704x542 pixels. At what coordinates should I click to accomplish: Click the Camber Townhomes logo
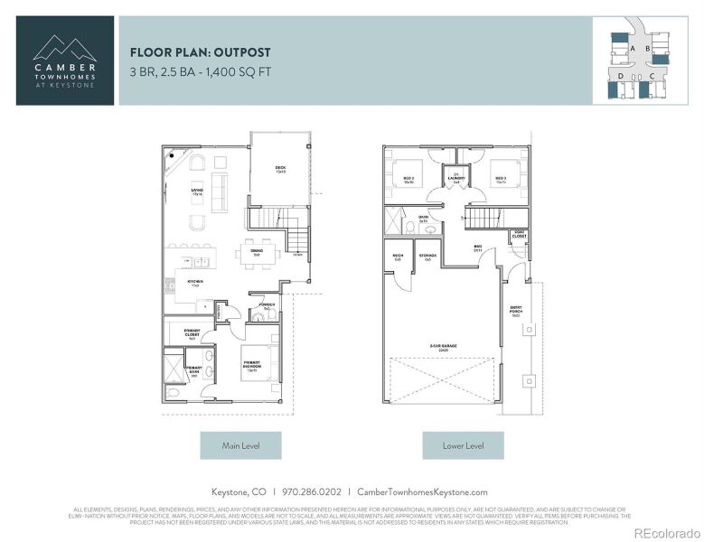(x=65, y=60)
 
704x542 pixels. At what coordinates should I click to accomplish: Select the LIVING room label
(x=196, y=191)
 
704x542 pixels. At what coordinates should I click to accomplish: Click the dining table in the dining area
(x=256, y=254)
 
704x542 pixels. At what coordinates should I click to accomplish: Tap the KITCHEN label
(x=195, y=282)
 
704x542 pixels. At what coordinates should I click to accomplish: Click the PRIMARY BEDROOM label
(x=252, y=365)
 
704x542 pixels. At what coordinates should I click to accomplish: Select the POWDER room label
(x=267, y=306)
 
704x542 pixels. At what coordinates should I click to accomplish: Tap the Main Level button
(x=240, y=445)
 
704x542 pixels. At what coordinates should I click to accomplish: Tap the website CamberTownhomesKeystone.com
(x=422, y=492)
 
